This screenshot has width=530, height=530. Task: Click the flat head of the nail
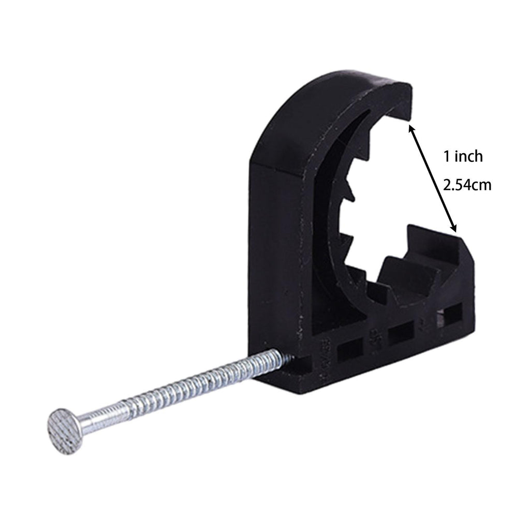tap(65, 430)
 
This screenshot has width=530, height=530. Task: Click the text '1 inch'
tap(463, 156)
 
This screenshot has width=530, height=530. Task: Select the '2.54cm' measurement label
tap(467, 185)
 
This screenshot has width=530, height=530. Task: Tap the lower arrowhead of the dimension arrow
tap(453, 227)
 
